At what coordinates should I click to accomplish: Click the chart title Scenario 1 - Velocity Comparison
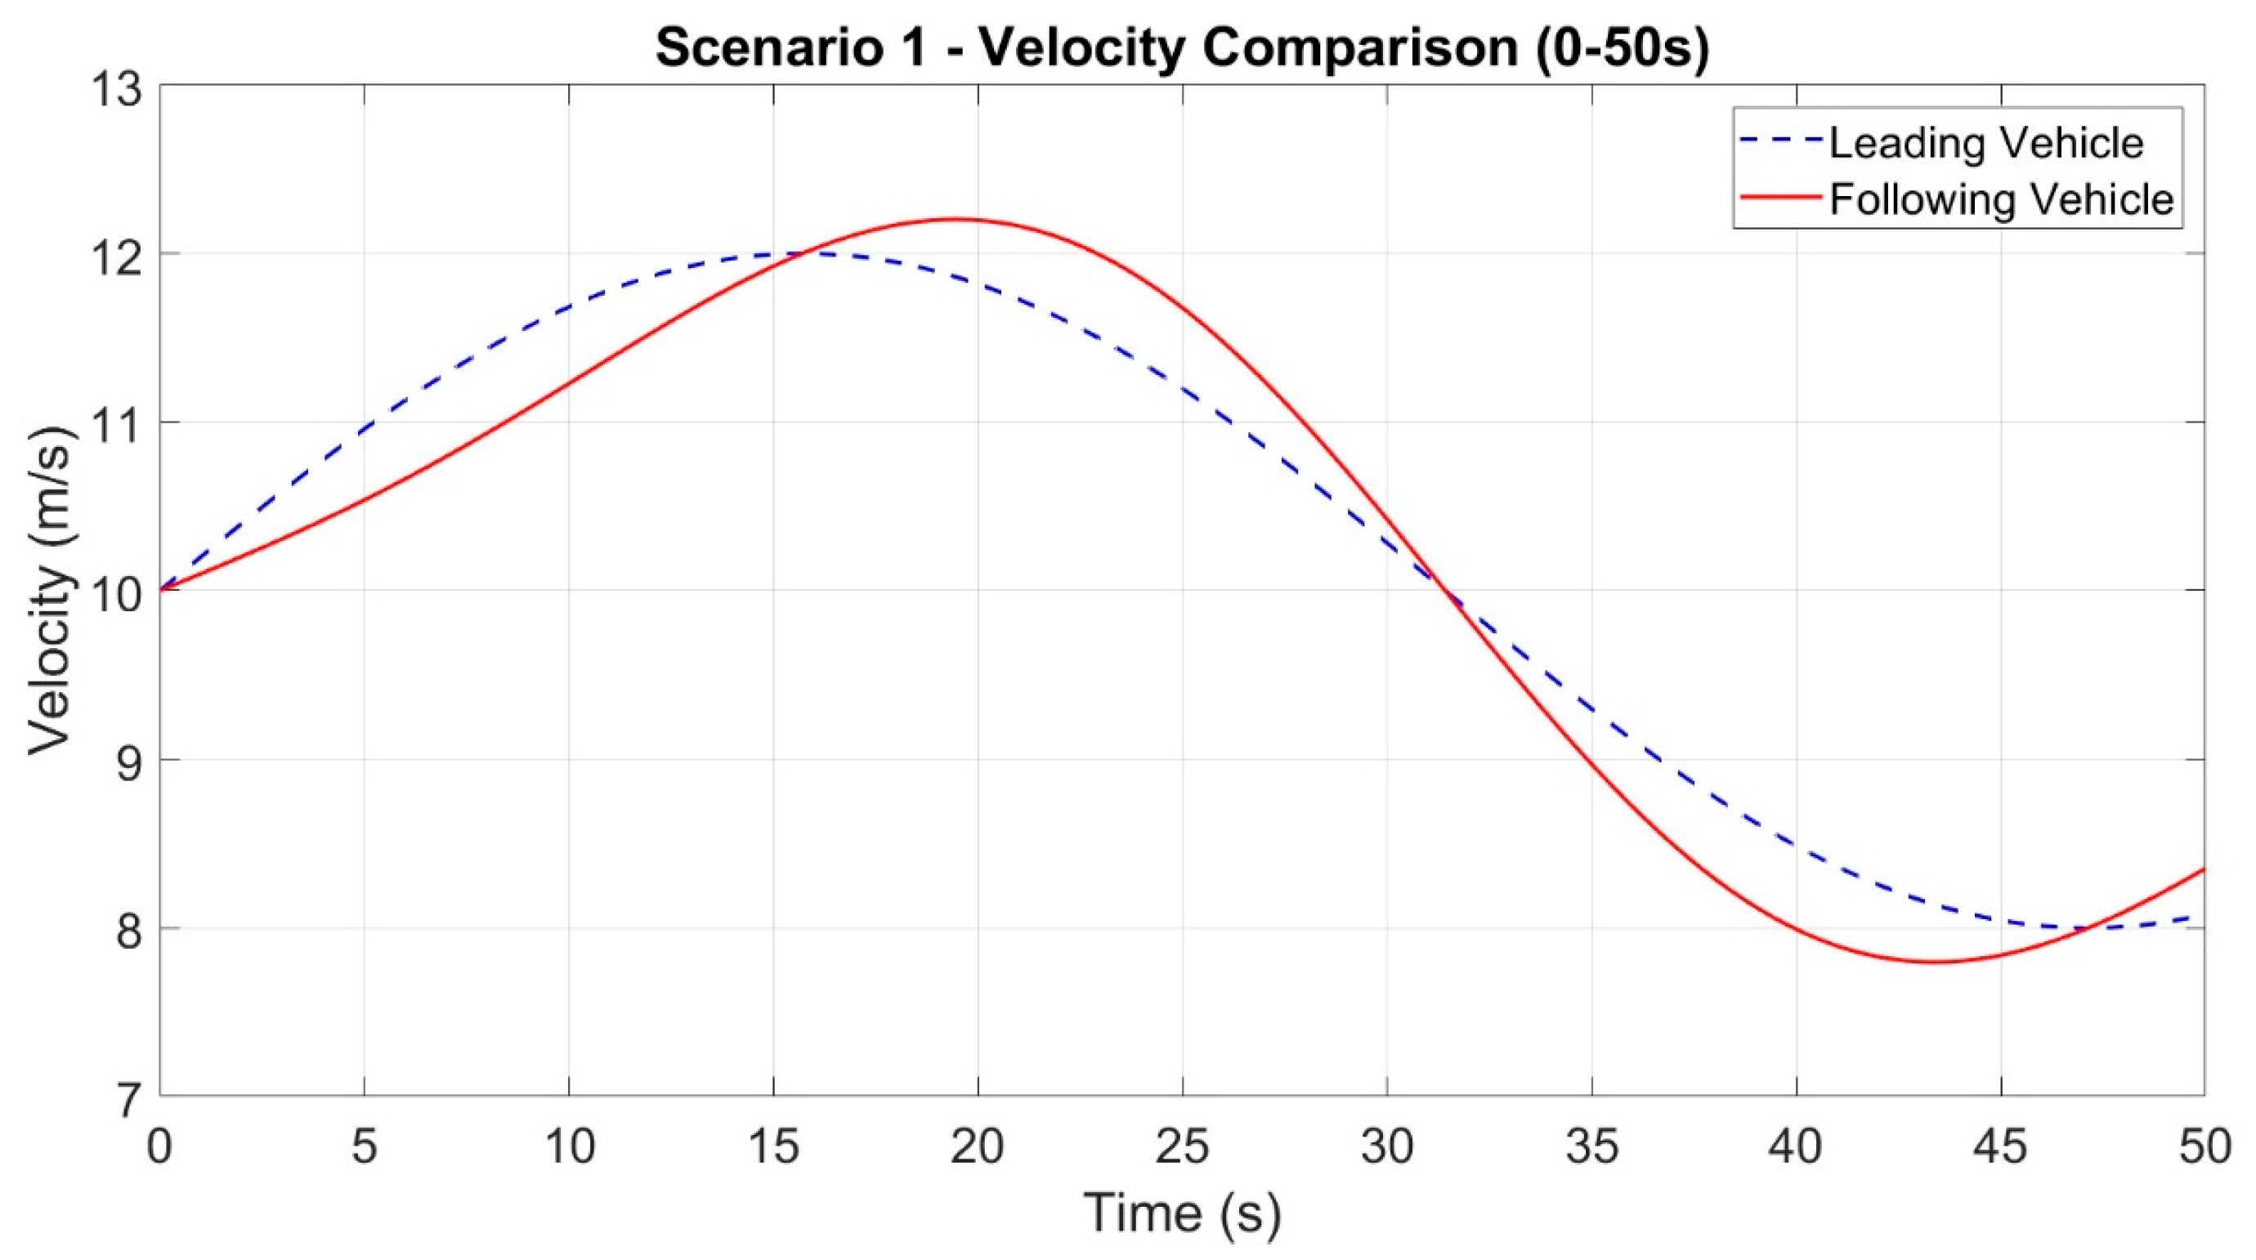(1182, 47)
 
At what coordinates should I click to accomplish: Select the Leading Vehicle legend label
(1985, 143)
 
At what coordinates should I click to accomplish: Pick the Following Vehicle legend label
(2001, 199)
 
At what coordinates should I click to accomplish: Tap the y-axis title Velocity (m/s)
(49, 592)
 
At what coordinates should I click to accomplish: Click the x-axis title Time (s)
(1182, 1213)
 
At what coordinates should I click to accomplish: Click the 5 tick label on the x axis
(365, 1147)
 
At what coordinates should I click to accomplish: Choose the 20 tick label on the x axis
(978, 1147)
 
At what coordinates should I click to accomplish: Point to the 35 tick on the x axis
(1592, 1147)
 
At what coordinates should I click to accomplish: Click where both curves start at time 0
(160, 590)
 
